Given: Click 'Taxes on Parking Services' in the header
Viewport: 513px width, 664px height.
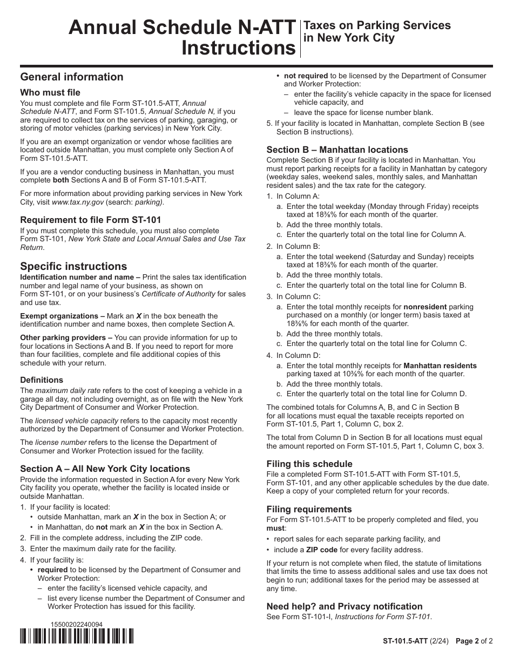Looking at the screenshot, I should pos(377,25).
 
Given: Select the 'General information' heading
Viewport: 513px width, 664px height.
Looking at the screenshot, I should pos(72,77).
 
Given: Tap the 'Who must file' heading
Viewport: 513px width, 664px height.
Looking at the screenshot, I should pos(50,92).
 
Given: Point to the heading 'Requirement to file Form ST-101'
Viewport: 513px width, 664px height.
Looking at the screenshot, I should pos(91,220).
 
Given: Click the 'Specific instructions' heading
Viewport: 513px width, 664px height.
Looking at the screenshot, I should pos(73,266).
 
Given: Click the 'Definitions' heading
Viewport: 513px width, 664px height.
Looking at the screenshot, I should pos(42,380).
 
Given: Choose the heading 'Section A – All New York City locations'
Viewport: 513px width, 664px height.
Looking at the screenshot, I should pos(105,469).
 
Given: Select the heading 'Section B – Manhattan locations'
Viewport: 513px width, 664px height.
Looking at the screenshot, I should pos(337,150).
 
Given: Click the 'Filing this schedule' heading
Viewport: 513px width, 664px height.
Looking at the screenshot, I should pos(309,464).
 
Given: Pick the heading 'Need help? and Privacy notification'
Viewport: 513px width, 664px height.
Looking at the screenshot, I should pos(345,606).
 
